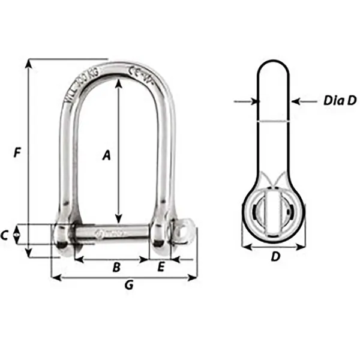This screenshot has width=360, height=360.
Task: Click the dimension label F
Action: pyautogui.click(x=18, y=154)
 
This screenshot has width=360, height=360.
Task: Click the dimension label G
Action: pyautogui.click(x=128, y=286)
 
